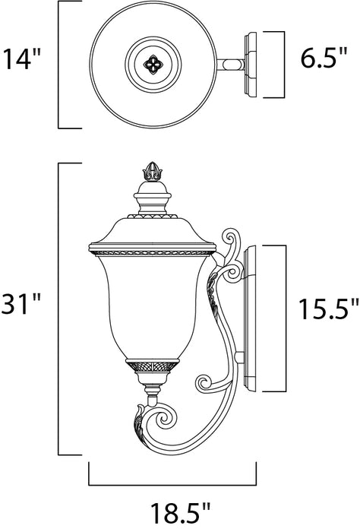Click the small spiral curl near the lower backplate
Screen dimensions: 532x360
pyautogui.click(x=206, y=382)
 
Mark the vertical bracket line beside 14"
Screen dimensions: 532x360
pyautogui.click(x=60, y=65)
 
